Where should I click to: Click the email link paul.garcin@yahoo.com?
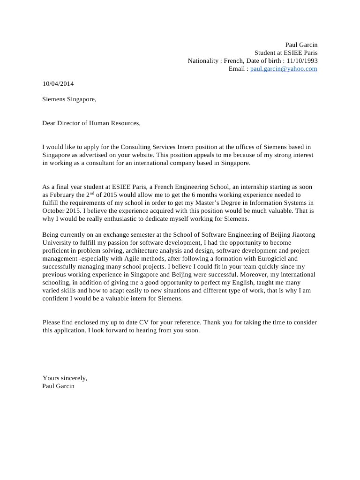click(x=284, y=69)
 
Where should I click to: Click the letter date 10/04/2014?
click(x=58, y=84)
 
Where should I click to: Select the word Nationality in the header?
click(x=203, y=60)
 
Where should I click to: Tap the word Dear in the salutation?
click(x=49, y=123)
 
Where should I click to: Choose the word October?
click(x=53, y=211)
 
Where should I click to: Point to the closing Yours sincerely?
click(x=65, y=378)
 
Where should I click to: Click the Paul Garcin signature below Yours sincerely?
click(x=58, y=386)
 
